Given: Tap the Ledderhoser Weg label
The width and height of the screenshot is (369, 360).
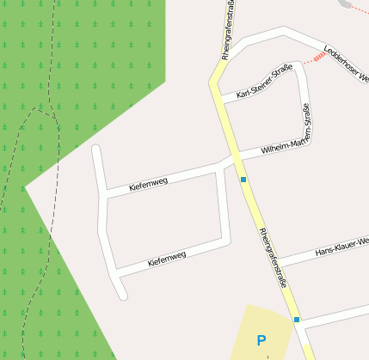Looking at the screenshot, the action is [347, 65].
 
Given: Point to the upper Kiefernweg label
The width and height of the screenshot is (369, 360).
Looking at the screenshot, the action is [148, 181].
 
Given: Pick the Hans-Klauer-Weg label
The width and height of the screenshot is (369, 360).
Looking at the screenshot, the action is [341, 247].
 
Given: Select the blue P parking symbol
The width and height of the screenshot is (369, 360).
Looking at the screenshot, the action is [261, 341].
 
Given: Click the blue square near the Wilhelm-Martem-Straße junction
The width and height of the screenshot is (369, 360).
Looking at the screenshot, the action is [243, 180].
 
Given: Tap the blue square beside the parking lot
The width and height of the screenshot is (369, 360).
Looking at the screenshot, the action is [297, 320].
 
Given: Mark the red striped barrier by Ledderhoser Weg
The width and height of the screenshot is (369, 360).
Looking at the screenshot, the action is [319, 57].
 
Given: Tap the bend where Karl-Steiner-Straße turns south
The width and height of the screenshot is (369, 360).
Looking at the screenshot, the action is [301, 68].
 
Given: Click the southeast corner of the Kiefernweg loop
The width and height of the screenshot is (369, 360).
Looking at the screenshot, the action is [227, 237].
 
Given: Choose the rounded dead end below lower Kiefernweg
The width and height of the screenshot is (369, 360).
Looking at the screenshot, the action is [122, 295].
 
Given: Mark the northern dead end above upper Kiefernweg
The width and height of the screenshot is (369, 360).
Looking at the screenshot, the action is [96, 149].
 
